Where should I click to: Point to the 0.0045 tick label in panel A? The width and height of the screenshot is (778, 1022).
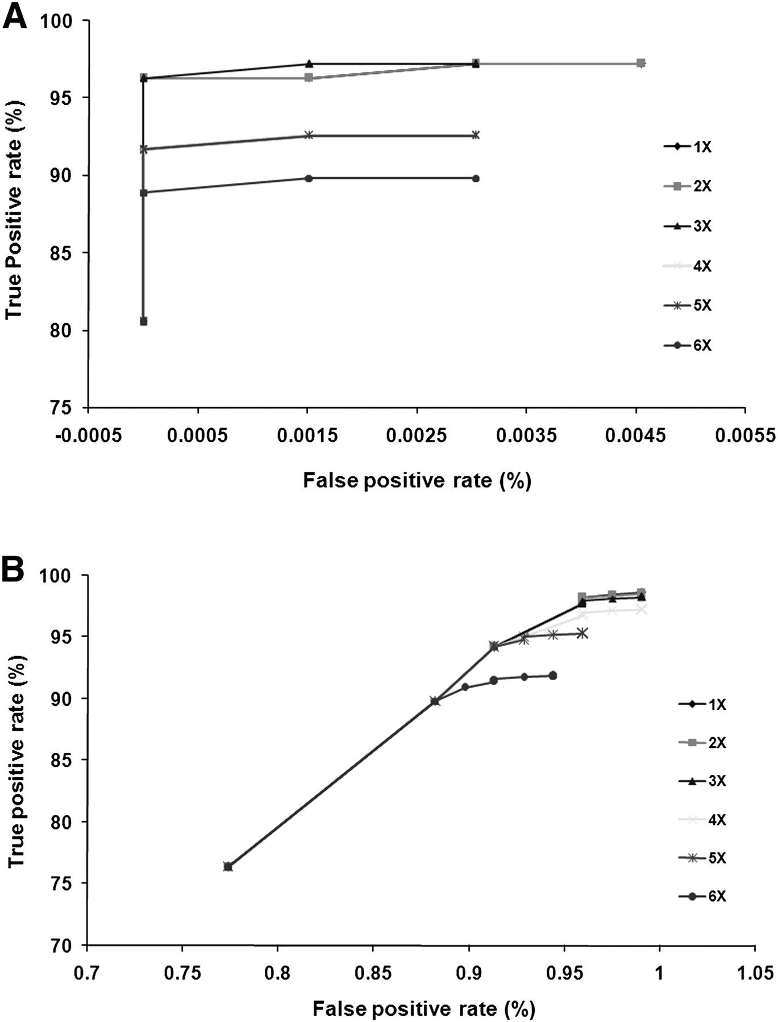[636, 436]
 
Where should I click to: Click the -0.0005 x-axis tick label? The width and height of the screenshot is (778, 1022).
[88, 436]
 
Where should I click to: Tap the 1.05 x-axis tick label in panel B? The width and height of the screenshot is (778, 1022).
[754, 974]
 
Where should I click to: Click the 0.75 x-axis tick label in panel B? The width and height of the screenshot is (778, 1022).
[182, 974]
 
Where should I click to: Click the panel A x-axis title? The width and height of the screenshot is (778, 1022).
[417, 480]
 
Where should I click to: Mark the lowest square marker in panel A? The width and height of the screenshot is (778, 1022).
[144, 321]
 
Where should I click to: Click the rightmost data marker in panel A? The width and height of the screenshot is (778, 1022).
[640, 63]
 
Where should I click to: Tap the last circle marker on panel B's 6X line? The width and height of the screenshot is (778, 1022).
[552, 676]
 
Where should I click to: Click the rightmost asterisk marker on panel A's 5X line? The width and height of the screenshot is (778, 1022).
[476, 135]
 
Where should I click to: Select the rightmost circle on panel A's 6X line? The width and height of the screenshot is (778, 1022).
[476, 178]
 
